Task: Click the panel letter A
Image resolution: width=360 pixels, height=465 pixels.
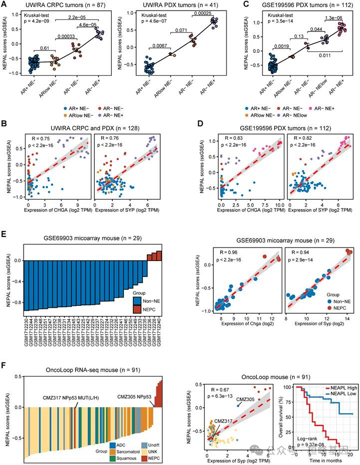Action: coord(5,4)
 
